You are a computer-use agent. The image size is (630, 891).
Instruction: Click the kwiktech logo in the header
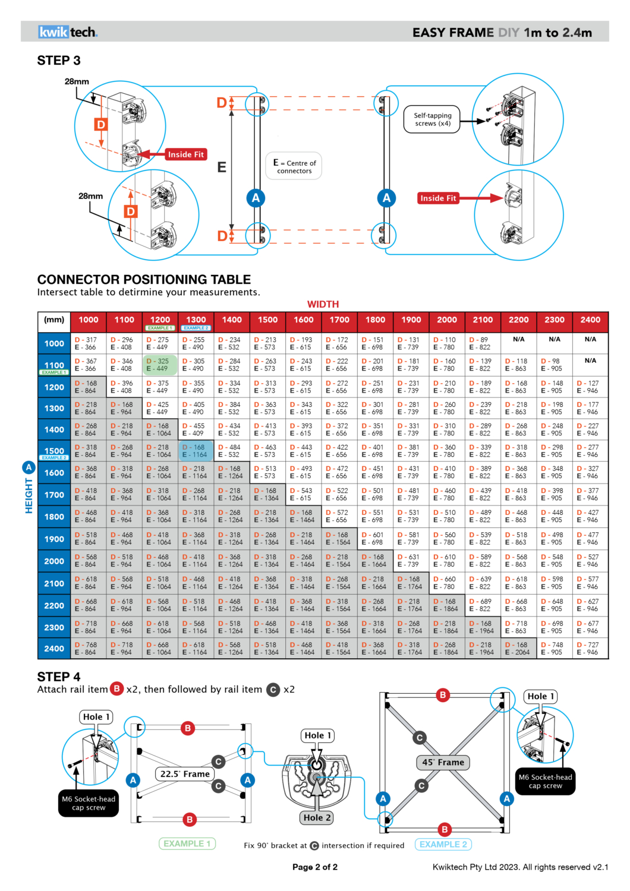pyautogui.click(x=68, y=32)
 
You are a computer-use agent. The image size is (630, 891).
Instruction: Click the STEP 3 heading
pyautogui.click(x=59, y=61)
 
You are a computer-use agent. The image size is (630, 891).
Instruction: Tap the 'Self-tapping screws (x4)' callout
pyautogui.click(x=432, y=119)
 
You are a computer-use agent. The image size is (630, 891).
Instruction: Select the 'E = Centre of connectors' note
pyautogui.click(x=294, y=166)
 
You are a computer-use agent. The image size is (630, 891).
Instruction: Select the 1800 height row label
pyautogui.click(x=54, y=517)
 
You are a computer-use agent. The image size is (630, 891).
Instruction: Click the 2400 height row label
pyautogui.click(x=54, y=649)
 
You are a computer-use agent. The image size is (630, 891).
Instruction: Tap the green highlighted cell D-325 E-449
pyautogui.click(x=160, y=365)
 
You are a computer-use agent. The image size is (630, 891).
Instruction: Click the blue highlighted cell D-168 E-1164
pyautogui.click(x=196, y=451)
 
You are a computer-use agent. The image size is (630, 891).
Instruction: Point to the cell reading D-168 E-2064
pyautogui.click(x=519, y=649)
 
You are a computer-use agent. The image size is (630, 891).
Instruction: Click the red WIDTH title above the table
pyautogui.click(x=323, y=304)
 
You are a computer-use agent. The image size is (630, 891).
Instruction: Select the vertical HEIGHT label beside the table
pyautogui.click(x=29, y=495)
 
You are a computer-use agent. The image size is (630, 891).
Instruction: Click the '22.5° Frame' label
pyautogui.click(x=185, y=773)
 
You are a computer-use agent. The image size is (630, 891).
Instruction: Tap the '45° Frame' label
pyautogui.click(x=443, y=762)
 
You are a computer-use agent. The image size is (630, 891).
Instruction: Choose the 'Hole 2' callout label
pyautogui.click(x=317, y=817)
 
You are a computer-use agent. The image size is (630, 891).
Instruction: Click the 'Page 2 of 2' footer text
pyautogui.click(x=315, y=867)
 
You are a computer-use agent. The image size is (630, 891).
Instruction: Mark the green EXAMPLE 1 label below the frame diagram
pyautogui.click(x=187, y=843)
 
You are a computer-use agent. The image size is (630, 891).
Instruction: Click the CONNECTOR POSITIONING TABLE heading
pyautogui.click(x=144, y=279)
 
